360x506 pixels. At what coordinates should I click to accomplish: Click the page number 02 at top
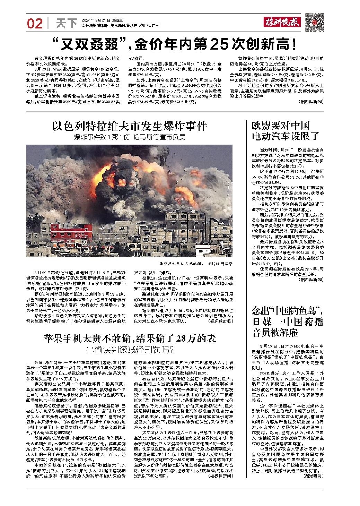pos(35,24)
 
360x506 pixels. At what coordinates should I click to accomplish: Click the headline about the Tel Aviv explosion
pos(129,126)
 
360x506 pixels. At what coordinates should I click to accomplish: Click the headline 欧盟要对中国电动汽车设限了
pos(281,131)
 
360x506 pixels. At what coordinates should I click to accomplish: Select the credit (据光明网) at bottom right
pos(313,475)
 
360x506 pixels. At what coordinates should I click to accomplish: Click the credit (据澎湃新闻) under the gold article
pos(310,102)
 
